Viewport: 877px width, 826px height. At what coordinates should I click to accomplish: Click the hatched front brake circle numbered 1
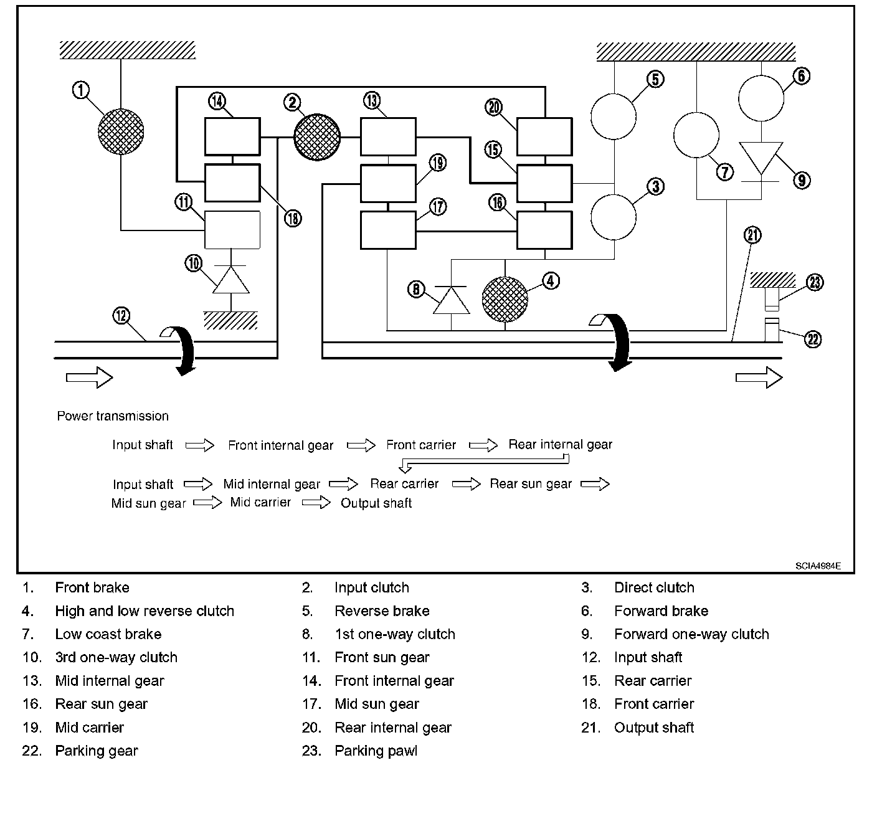(x=121, y=131)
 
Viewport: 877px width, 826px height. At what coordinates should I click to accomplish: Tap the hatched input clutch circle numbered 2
(x=317, y=137)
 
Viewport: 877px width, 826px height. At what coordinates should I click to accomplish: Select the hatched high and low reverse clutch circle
(x=505, y=299)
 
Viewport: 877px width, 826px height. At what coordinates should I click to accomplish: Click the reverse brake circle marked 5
(x=614, y=116)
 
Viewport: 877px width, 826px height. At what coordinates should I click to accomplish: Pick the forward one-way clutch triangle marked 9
(x=761, y=158)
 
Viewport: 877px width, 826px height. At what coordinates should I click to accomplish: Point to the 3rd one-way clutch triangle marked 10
(x=231, y=280)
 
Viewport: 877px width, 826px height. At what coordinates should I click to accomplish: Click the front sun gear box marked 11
(x=232, y=230)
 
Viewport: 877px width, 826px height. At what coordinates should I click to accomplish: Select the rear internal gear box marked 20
(x=544, y=136)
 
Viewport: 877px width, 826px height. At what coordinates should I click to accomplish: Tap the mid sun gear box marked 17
(x=388, y=230)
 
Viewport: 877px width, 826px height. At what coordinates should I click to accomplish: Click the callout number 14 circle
(x=217, y=100)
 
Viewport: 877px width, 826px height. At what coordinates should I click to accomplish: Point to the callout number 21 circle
(x=753, y=235)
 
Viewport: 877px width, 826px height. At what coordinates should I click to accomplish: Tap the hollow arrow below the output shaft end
(x=759, y=377)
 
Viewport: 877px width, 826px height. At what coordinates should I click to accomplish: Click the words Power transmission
(x=113, y=416)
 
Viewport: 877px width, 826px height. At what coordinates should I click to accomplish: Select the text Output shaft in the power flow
(x=376, y=503)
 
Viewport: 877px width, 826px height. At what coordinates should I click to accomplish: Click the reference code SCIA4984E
(x=817, y=566)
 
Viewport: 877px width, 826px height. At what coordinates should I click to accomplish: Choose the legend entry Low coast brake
(x=108, y=634)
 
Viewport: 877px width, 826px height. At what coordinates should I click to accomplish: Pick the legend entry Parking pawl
(x=376, y=751)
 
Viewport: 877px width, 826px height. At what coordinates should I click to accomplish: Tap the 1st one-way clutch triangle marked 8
(x=451, y=300)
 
